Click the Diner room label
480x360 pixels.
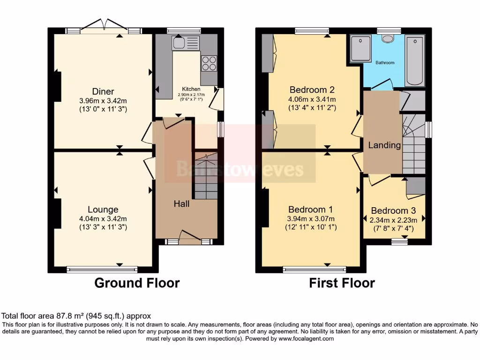[x=103, y=91]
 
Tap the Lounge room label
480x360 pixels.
[x=103, y=210]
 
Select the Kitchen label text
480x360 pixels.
[x=191, y=89]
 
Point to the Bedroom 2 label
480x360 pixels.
[x=312, y=90]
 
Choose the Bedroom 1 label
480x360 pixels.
[x=311, y=209]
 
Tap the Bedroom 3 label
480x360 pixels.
[x=393, y=211]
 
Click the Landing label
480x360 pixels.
[x=384, y=145]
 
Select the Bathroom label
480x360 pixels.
[x=384, y=62]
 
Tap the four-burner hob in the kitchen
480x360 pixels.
[x=209, y=63]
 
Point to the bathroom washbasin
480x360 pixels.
[x=388, y=38]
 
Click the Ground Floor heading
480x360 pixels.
[x=137, y=283]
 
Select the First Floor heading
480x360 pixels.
[x=342, y=283]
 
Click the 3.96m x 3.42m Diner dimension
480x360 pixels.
[x=103, y=100]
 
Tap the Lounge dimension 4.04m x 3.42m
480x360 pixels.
[x=103, y=218]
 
